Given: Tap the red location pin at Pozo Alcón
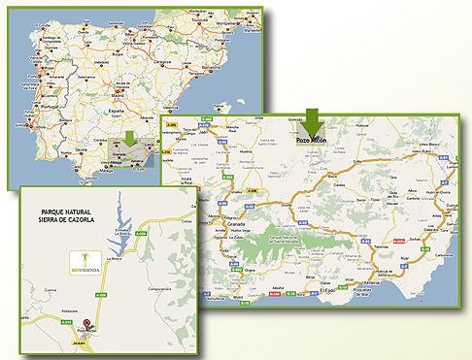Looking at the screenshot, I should [x=87, y=326].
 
